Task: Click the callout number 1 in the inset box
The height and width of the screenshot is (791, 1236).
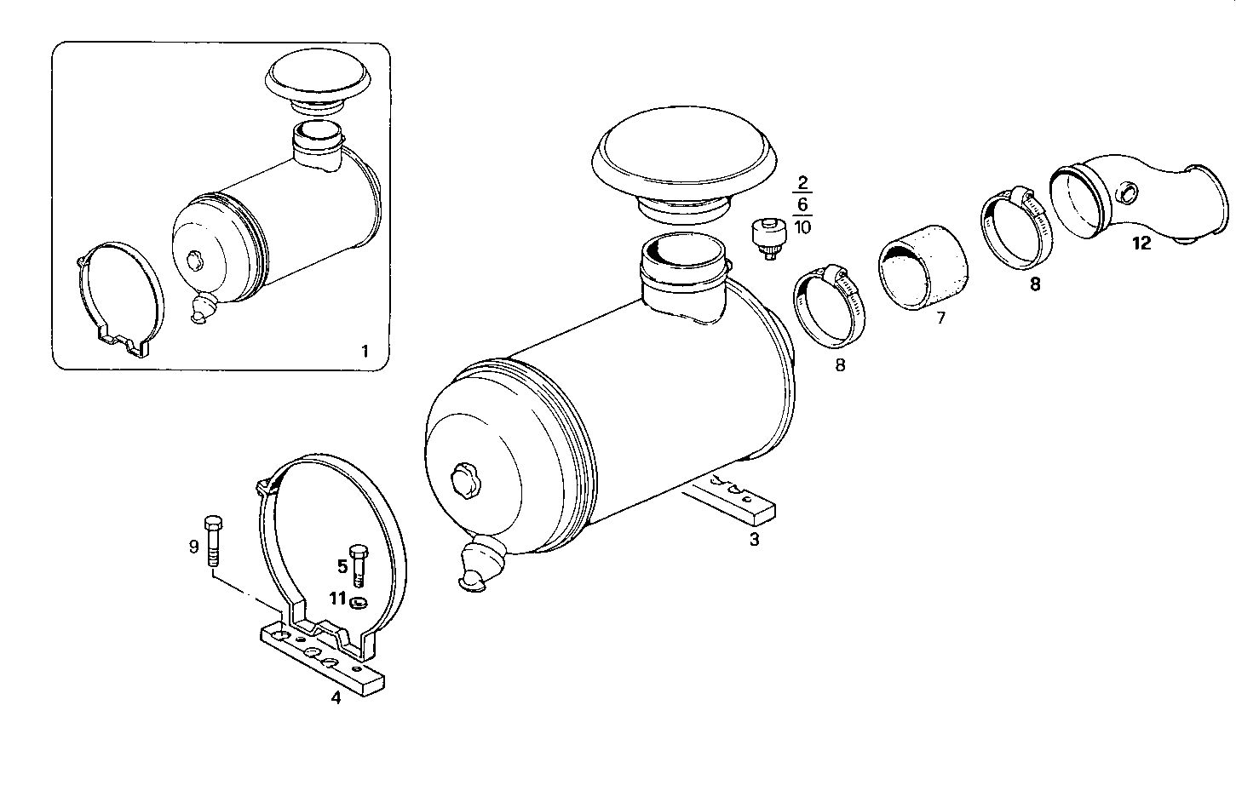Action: point(365,351)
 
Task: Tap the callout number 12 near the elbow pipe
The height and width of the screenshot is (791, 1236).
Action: point(1141,244)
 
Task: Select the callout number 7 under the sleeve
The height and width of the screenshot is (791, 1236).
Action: point(941,318)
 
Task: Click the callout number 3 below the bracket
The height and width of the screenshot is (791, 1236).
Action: point(754,539)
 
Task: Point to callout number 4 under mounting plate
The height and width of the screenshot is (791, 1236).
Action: point(336,698)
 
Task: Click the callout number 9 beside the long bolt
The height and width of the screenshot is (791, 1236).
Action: point(193,546)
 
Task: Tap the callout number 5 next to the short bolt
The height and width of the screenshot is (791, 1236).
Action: point(342,565)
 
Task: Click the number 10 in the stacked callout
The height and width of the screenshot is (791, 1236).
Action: point(802,226)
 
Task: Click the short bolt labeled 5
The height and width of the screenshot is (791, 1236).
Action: point(359,563)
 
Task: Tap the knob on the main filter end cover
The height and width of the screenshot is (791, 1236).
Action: point(467,479)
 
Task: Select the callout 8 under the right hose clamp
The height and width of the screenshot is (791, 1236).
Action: point(1035,284)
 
